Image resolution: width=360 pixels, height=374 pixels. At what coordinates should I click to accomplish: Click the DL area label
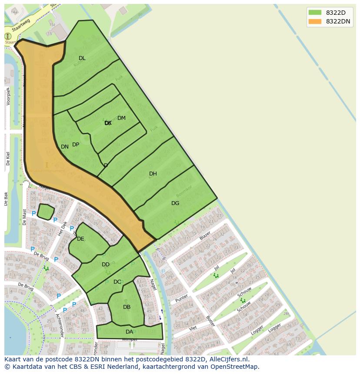tap(82, 58)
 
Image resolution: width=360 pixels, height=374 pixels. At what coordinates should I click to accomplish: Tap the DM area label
tap(121, 118)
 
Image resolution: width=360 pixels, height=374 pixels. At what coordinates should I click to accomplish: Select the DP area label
tap(76, 145)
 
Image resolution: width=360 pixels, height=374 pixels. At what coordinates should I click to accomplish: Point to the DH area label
tap(153, 174)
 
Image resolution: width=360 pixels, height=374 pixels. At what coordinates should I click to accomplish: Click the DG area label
tap(175, 203)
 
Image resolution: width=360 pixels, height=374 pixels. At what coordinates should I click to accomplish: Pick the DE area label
tap(80, 239)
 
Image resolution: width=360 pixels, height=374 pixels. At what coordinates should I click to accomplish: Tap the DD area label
tap(106, 265)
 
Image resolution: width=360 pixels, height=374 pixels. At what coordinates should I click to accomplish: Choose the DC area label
tap(117, 282)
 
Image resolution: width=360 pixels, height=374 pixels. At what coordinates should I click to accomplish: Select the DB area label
tap(127, 307)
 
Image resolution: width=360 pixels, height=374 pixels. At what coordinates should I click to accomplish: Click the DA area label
tap(129, 332)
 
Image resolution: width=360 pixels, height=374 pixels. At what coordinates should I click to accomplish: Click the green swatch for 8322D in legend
tap(315, 12)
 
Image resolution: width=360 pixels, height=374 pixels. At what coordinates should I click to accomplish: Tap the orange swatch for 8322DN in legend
tap(315, 21)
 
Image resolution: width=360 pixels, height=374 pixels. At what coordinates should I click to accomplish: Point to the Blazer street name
tap(205, 236)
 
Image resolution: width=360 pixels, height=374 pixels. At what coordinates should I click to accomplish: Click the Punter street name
tap(182, 299)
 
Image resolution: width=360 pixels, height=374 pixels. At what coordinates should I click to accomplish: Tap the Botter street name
tap(210, 321)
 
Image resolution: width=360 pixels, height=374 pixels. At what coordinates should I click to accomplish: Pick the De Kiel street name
tap(8, 159)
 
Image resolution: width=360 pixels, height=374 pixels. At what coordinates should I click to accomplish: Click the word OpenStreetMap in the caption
tap(235, 367)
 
